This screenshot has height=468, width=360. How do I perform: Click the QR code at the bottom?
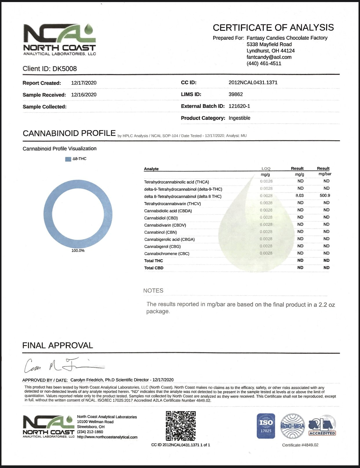(x=181, y=426)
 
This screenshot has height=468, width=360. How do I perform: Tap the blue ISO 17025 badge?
(x=266, y=426)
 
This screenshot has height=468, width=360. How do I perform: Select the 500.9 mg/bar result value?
(x=325, y=195)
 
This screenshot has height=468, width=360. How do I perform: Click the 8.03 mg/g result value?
(x=299, y=195)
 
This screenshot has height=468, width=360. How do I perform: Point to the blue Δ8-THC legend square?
(x=68, y=159)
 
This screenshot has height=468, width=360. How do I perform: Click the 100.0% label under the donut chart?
(x=78, y=251)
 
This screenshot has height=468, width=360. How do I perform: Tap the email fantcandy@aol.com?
(x=269, y=57)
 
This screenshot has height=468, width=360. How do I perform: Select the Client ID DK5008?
(x=50, y=69)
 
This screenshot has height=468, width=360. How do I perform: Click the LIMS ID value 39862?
(x=236, y=94)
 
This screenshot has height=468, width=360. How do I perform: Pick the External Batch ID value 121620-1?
(x=239, y=106)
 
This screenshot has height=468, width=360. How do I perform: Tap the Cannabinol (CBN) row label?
(x=160, y=232)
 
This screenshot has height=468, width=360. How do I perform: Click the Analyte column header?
(x=151, y=169)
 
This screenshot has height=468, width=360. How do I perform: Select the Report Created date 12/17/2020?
(x=84, y=83)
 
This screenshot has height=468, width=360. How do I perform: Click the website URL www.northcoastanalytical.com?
(x=107, y=437)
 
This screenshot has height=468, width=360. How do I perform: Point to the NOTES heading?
(x=153, y=291)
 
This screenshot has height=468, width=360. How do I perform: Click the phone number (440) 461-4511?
(x=264, y=64)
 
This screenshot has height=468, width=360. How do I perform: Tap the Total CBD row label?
(x=154, y=268)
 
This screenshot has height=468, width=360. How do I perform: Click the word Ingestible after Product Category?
(x=239, y=118)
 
